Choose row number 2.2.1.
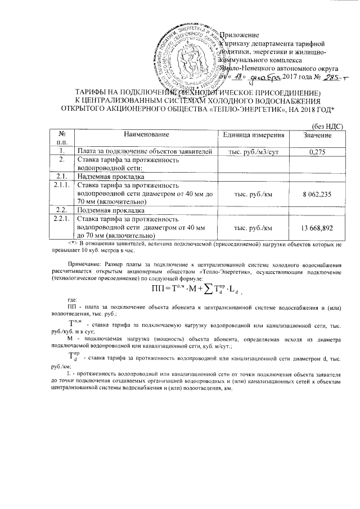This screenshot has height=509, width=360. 59,219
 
